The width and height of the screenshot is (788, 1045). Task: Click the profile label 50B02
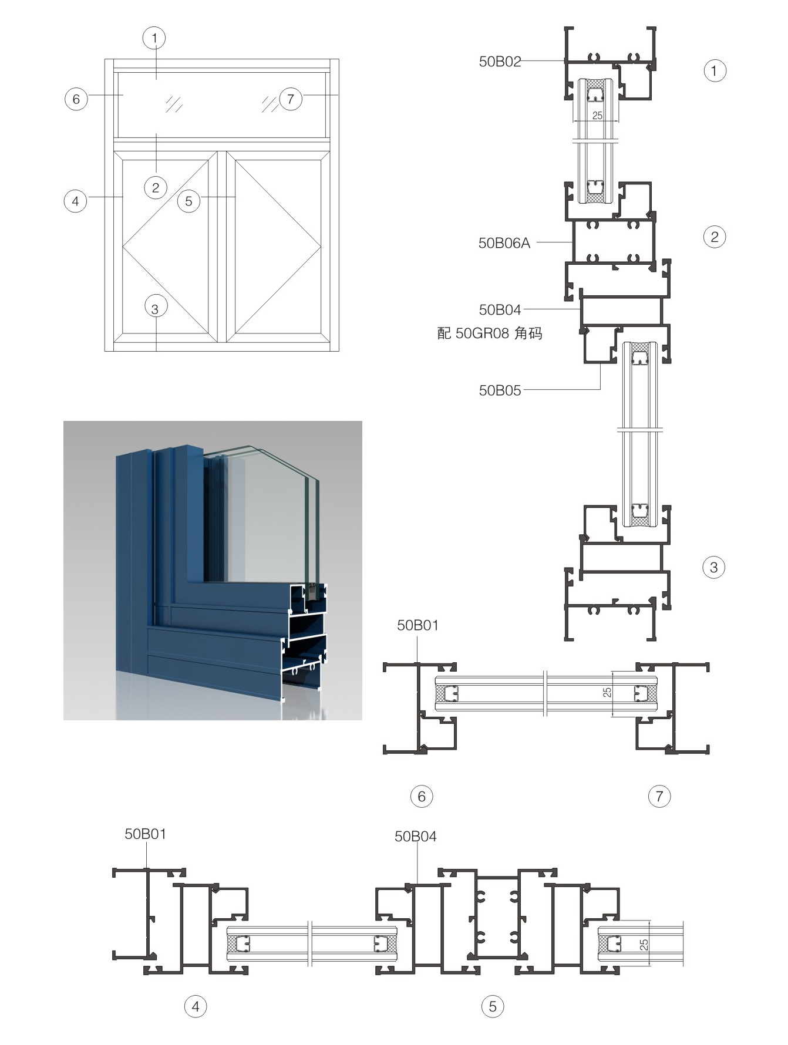click(500, 62)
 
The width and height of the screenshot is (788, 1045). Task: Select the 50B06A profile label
click(504, 243)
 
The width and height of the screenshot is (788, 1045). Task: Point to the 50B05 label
click(500, 390)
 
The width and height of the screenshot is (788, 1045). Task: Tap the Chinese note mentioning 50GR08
click(490, 333)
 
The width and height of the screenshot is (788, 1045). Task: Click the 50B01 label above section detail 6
click(417, 625)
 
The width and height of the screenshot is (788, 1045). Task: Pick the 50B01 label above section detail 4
click(145, 834)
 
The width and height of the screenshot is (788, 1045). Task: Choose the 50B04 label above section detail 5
click(415, 836)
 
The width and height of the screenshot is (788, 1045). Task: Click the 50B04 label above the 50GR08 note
click(500, 309)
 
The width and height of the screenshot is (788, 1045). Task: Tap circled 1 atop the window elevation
click(154, 39)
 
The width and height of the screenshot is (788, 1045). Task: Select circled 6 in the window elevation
click(76, 99)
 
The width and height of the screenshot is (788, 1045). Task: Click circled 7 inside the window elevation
click(290, 99)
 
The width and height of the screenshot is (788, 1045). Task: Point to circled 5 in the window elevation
click(188, 201)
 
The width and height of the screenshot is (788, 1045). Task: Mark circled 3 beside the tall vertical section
click(714, 567)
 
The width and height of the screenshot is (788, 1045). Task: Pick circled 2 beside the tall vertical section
click(714, 237)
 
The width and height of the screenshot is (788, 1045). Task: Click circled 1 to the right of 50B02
click(714, 71)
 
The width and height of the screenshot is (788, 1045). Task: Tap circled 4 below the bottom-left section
click(196, 1007)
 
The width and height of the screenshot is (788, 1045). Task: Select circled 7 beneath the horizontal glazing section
click(659, 797)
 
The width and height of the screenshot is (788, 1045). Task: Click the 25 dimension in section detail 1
click(597, 116)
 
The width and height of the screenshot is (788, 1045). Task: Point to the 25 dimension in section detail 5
click(644, 945)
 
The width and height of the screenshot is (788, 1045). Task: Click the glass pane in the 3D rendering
click(270, 517)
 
